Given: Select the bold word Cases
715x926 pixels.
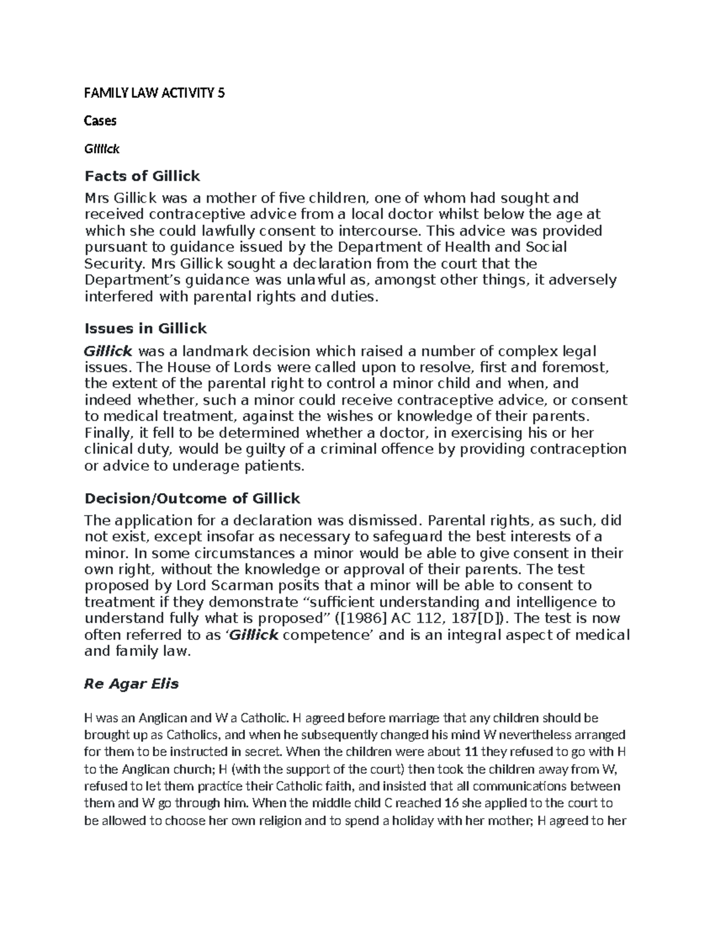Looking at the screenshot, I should (101, 121).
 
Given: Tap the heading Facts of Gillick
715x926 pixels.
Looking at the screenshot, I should (142, 176).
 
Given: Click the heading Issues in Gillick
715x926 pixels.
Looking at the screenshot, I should (145, 329).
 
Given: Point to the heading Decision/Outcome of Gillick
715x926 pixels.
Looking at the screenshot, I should (192, 498).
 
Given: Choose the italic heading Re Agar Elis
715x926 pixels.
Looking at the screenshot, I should (132, 684).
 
